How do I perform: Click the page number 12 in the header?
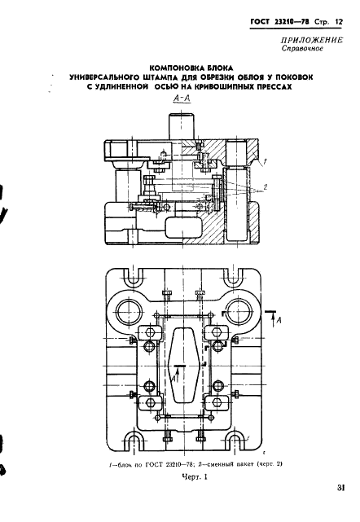[339, 22]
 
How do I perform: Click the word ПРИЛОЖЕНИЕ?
[312, 40]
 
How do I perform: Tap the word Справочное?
[302, 49]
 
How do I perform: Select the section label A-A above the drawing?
[182, 99]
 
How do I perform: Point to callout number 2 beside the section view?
[265, 187]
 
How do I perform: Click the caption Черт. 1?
[195, 477]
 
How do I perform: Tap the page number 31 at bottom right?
[340, 488]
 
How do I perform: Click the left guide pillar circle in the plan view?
[128, 308]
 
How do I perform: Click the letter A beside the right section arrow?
[279, 320]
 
